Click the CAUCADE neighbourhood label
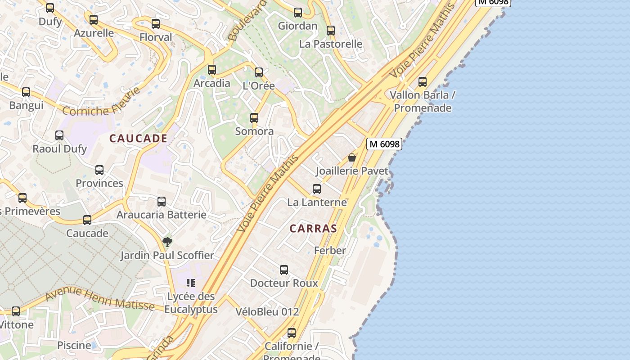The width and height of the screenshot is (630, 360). tap(139, 139)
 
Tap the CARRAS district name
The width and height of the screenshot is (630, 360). tap(313, 229)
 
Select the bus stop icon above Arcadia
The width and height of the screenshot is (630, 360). tap(212, 70)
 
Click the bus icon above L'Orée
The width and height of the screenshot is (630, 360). tap(259, 72)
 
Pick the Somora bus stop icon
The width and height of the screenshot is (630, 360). tap(254, 118)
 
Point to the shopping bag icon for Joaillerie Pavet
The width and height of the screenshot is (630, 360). tap(352, 157)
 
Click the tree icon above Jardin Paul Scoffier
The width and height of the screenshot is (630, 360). tap(167, 242)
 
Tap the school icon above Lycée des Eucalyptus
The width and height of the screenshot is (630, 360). tap(191, 283)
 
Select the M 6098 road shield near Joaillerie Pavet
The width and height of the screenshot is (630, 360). tap(384, 144)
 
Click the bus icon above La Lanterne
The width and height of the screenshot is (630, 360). tap(317, 189)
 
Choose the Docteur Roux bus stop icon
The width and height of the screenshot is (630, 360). tap(284, 270)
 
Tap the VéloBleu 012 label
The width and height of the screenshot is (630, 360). tap(267, 311)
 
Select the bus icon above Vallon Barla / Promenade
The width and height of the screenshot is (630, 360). tap(423, 82)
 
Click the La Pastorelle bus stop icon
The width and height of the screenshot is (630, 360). tap(331, 31)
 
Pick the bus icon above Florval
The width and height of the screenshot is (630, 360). tap(156, 24)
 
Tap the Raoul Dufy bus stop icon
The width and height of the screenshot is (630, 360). tap(59, 135)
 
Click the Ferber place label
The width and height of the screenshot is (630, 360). tap(330, 251)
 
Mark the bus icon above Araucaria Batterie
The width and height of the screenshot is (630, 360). tap(162, 202)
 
